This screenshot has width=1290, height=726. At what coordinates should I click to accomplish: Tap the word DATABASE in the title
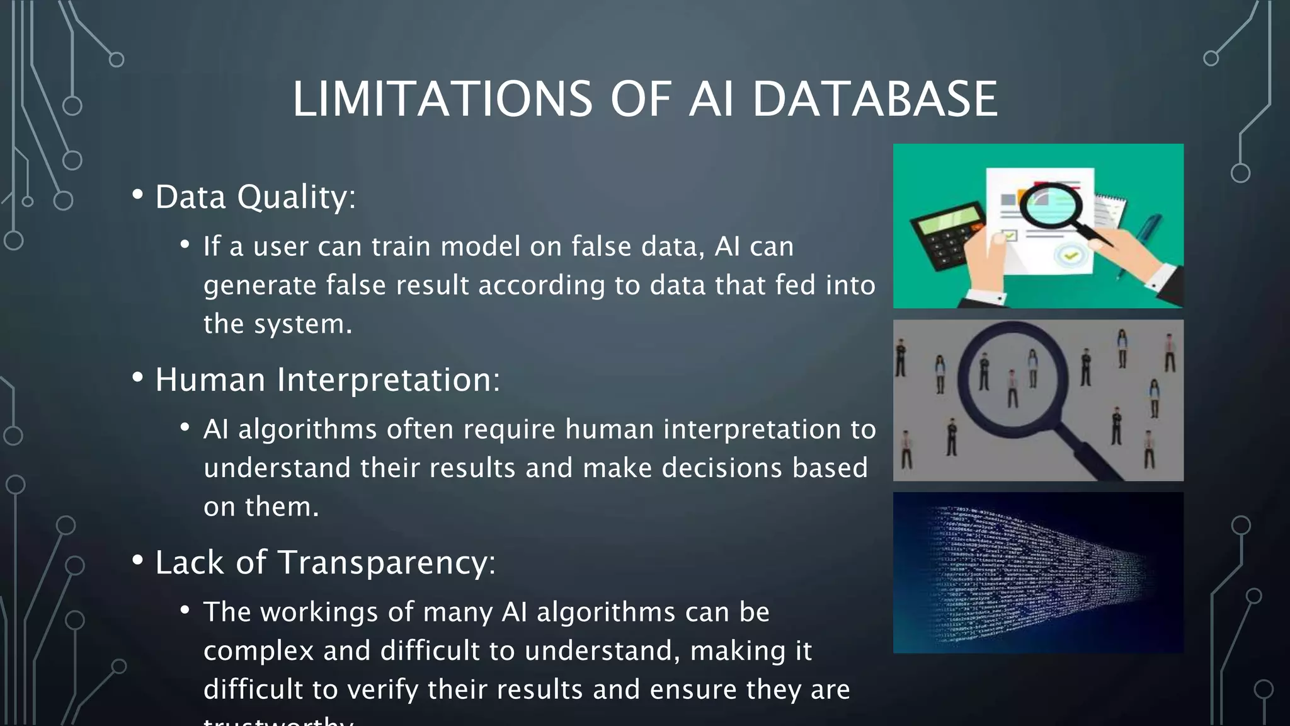pos(875,99)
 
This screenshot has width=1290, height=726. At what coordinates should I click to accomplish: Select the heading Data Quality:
pos(255,197)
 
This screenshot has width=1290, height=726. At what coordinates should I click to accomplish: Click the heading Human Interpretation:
pos(328,379)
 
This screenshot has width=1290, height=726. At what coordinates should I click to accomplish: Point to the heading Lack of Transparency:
pos(325,562)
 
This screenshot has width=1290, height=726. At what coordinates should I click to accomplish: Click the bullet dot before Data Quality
pos(137,195)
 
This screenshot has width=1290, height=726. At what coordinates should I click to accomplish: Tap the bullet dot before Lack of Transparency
pos(137,561)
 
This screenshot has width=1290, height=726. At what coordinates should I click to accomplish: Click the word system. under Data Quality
pos(303,325)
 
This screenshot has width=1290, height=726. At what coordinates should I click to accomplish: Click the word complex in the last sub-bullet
pos(258,651)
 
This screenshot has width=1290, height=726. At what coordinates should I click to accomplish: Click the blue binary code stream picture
pos(1038,572)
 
